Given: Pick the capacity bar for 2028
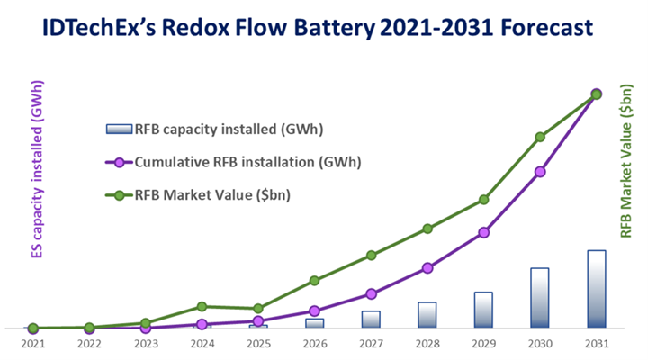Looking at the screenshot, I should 427,314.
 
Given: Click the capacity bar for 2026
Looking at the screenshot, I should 315,322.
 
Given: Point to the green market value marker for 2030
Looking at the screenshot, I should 540,137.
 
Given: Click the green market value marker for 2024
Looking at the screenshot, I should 202,307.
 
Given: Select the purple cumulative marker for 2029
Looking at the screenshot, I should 484,232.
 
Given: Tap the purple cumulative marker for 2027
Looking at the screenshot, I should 371,293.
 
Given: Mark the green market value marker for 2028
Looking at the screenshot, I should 427,229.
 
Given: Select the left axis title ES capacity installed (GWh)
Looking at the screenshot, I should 38,171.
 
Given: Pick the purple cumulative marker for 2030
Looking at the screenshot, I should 540,171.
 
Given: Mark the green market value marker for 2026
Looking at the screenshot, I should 315,281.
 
